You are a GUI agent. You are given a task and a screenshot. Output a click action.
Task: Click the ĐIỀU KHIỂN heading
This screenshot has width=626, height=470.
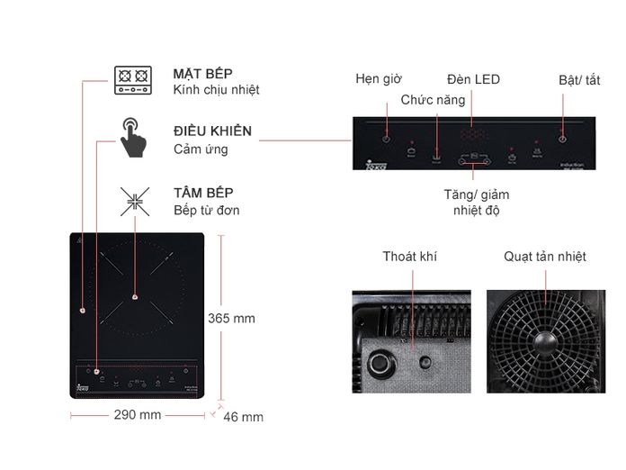click(212, 131)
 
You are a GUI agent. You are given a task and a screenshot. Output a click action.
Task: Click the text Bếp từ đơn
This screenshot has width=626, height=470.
click(207, 211)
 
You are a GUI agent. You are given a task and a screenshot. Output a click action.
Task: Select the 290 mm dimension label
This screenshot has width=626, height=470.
click(138, 415)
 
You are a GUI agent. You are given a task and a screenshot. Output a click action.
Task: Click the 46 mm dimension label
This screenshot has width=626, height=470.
click(243, 417)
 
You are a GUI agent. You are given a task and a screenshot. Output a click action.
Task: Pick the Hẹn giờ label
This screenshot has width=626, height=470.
click(378, 79)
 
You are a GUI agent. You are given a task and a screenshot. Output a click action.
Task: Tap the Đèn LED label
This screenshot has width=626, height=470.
click(473, 79)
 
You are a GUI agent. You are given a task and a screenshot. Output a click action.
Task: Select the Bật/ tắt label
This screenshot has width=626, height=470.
click(578, 80)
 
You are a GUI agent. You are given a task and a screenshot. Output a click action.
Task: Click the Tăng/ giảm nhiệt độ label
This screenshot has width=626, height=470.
click(476, 203)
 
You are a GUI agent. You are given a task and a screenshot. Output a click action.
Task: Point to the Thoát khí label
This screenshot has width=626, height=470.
click(409, 257)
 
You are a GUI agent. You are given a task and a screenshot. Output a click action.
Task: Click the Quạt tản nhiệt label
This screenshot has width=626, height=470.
click(545, 257)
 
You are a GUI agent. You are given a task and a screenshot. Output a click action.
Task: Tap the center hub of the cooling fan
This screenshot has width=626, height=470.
click(545, 341)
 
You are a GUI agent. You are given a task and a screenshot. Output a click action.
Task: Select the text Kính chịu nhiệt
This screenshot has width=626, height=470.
click(217, 90)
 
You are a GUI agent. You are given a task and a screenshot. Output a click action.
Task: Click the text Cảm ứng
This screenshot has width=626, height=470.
click(201, 149)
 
